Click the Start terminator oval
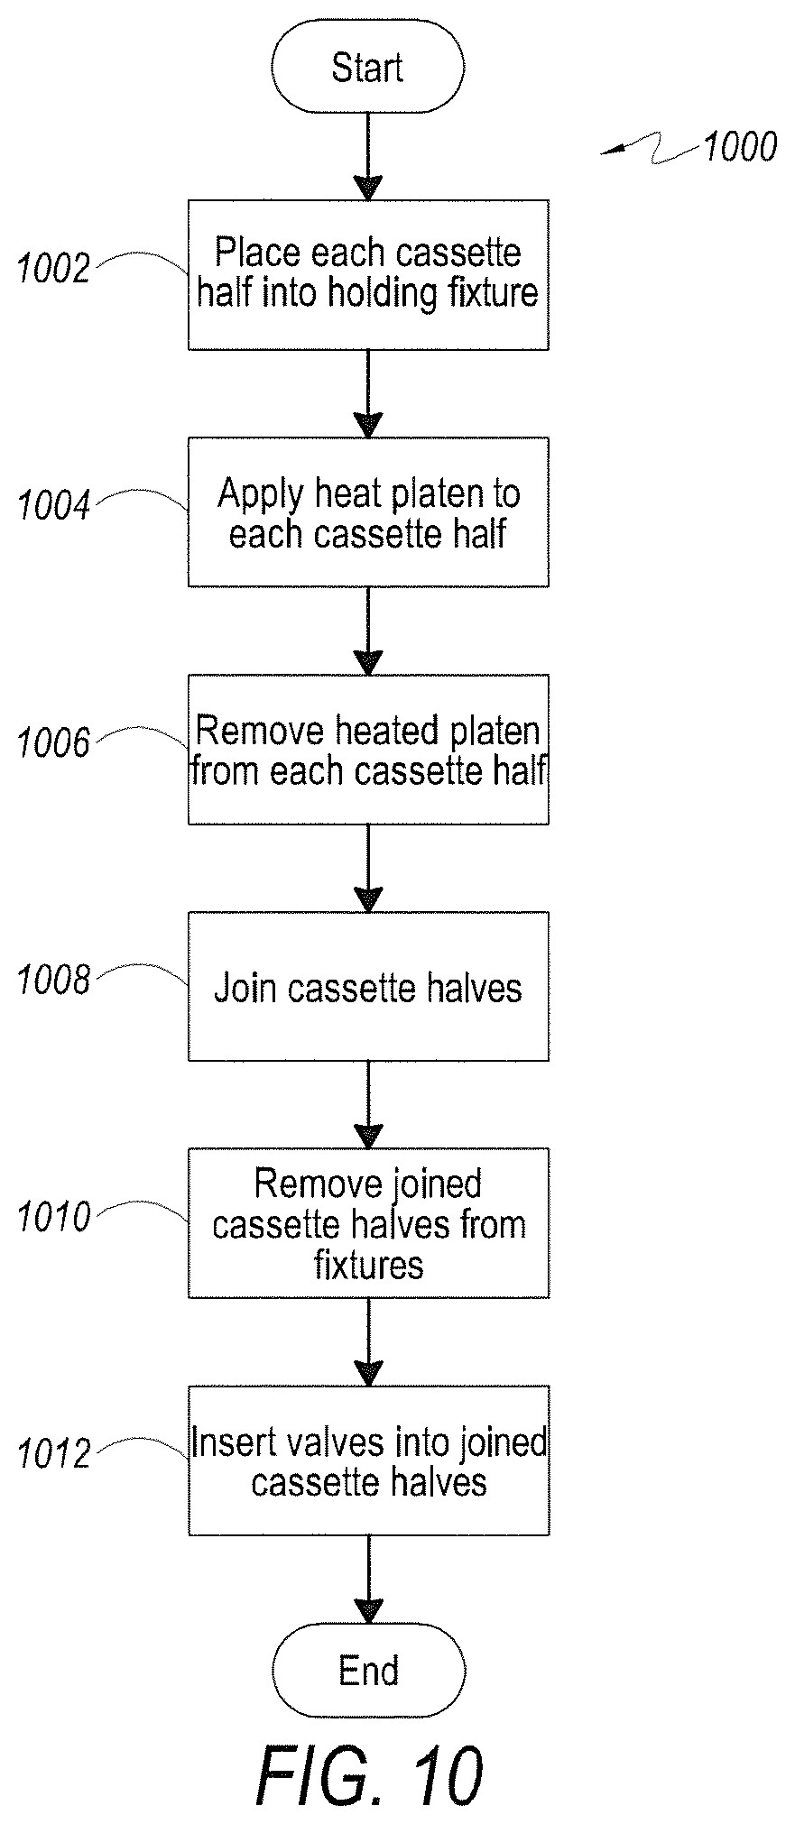coord(367,68)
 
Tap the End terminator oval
coord(368,1670)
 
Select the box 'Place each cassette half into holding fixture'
coord(368,274)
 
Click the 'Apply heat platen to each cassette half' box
coord(368,511)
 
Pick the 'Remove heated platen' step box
coord(368,749)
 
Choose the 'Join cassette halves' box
coord(368,986)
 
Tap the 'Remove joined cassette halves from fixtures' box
coord(368,1223)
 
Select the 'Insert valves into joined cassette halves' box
coord(368,1460)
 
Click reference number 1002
coord(54,269)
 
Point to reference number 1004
coord(54,506)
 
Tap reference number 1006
coord(54,743)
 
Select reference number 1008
coord(54,981)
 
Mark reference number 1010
coord(54,1218)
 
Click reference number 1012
coord(54,1455)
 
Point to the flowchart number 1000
coord(739,147)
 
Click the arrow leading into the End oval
coord(368,1580)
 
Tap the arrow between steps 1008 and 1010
coord(368,1105)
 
